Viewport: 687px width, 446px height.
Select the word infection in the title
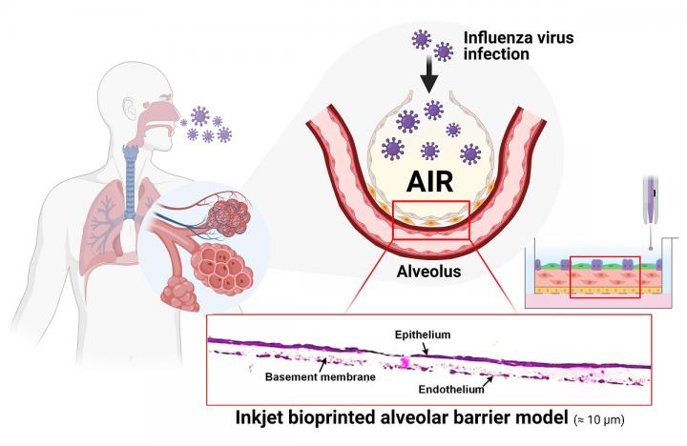[x=497, y=56]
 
